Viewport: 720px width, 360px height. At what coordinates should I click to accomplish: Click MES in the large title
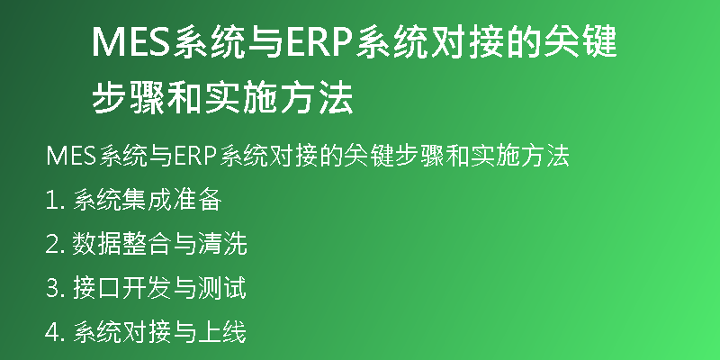coord(131,41)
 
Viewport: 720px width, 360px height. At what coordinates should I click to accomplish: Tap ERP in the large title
coord(318,41)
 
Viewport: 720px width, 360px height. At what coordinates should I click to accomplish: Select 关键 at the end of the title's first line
coord(580,41)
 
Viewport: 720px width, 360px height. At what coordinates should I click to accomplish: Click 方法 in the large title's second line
coord(317,97)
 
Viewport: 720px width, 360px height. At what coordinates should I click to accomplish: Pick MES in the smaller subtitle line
coord(71,157)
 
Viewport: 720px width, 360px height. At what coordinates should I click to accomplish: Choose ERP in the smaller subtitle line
coord(194,157)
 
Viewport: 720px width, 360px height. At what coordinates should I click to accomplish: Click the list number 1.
coord(50,201)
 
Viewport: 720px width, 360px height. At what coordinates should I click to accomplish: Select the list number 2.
coord(51,244)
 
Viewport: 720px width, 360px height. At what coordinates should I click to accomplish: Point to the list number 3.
coord(51,289)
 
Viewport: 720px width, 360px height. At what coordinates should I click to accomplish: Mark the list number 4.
coord(51,332)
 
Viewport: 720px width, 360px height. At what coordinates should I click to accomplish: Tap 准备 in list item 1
coord(197,201)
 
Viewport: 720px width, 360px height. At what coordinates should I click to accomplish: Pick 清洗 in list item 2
coord(222,244)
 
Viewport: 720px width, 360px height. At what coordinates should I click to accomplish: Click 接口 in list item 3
coord(97,289)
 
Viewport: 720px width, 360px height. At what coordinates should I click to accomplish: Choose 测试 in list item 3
coord(222,289)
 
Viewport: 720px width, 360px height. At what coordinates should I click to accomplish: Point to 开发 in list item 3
coord(147,289)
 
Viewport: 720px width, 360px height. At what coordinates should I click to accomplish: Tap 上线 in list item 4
coord(222,332)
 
